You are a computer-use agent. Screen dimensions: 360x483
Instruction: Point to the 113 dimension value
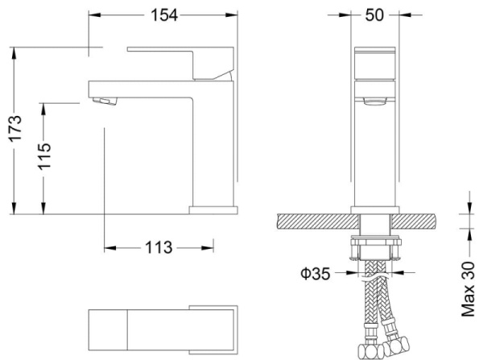pyautogui.click(x=159, y=247)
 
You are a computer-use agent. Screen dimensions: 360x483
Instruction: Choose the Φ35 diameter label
pyautogui.click(x=316, y=273)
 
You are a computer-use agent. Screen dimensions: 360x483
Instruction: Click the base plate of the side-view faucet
pyautogui.click(x=213, y=209)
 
